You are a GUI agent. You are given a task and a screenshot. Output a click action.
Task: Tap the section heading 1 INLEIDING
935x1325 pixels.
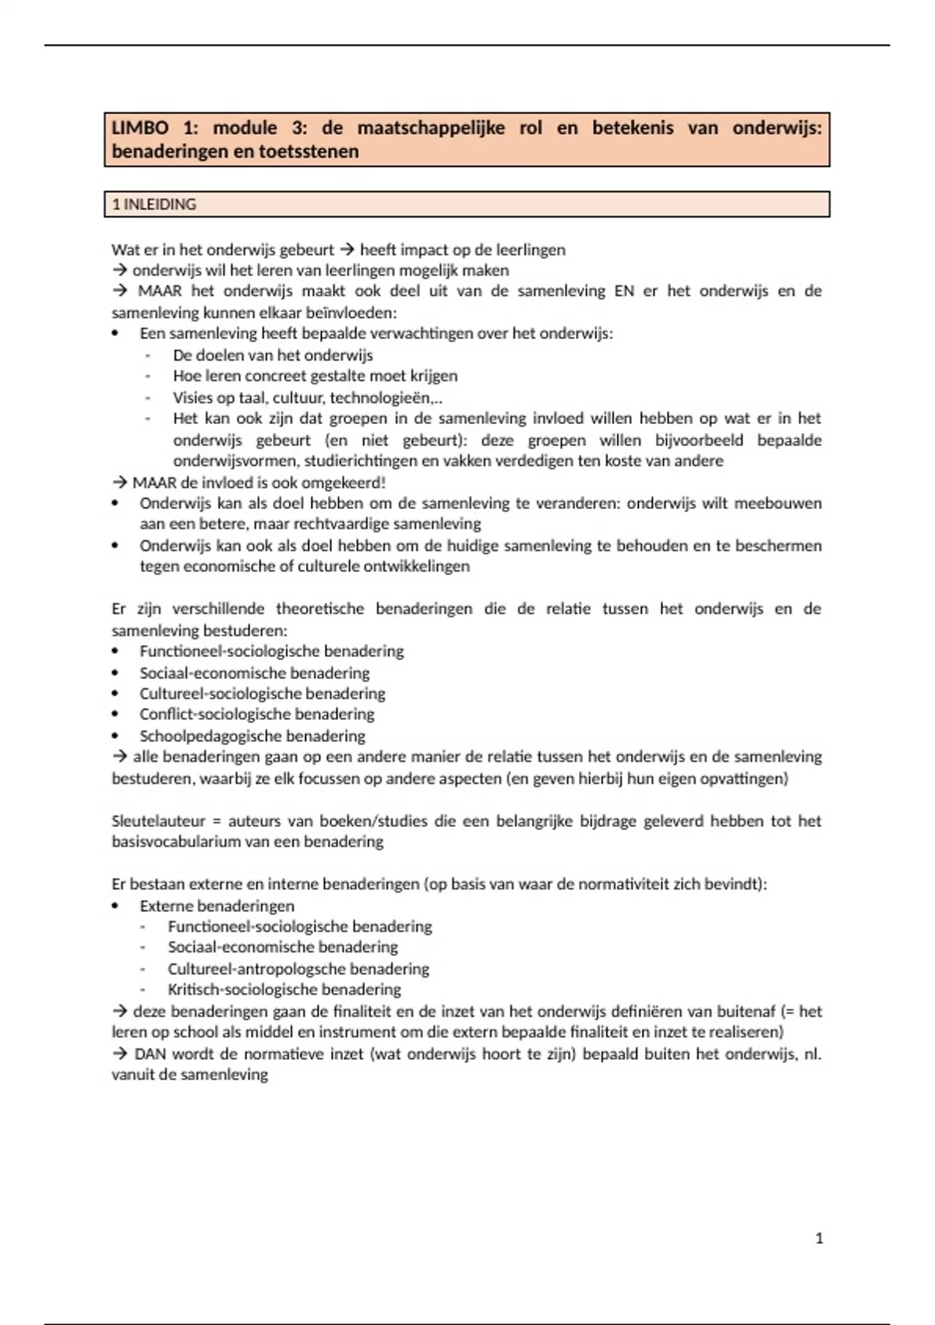click(x=154, y=204)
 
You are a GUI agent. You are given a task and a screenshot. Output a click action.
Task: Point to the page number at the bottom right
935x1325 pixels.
click(x=819, y=1238)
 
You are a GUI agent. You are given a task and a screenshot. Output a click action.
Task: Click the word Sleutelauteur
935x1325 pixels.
click(x=158, y=821)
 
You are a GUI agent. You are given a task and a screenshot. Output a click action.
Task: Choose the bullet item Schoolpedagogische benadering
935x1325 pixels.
click(x=252, y=736)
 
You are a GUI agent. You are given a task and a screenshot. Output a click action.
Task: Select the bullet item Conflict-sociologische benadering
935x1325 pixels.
click(x=256, y=714)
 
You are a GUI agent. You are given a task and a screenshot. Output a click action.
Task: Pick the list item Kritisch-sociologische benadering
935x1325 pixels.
click(x=284, y=990)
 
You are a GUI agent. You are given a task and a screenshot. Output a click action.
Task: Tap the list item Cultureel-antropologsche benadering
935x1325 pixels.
click(x=298, y=969)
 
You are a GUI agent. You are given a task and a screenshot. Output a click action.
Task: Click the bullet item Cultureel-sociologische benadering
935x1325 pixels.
click(x=262, y=694)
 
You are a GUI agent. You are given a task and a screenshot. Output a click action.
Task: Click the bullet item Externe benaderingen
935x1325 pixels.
click(x=217, y=906)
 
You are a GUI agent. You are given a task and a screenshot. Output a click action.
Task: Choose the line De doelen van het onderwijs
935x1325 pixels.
click(x=273, y=355)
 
